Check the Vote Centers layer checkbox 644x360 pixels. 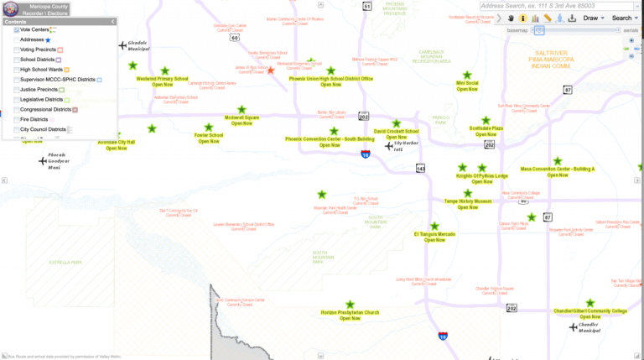point(17,29)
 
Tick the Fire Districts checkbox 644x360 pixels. point(17,119)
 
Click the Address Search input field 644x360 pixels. point(560,6)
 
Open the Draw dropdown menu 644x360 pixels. point(594,18)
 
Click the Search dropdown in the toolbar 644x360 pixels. point(624,18)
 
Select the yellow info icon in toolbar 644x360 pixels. point(523,18)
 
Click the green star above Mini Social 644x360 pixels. point(467,75)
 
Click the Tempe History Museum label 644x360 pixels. point(468,201)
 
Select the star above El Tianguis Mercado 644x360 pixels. point(434,227)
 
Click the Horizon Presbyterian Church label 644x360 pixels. point(350,312)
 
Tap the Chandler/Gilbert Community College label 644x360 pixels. point(590,310)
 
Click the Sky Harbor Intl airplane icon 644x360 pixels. point(389,145)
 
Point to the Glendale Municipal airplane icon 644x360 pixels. point(122,45)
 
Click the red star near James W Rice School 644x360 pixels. point(270,70)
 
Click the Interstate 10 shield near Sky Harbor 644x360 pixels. point(365,154)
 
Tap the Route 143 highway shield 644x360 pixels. point(420,169)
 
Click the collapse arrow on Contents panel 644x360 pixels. point(113,21)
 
